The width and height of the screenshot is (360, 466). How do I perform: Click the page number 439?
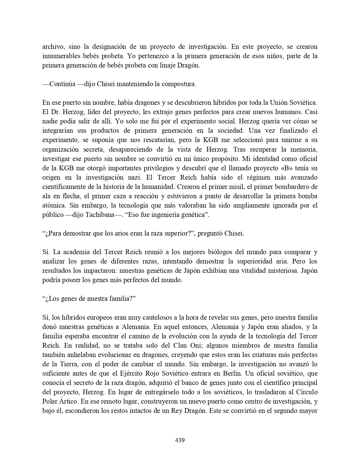[180, 440]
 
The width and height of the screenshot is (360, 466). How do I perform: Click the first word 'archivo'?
[52, 47]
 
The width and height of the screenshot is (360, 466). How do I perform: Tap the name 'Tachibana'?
[110, 215]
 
